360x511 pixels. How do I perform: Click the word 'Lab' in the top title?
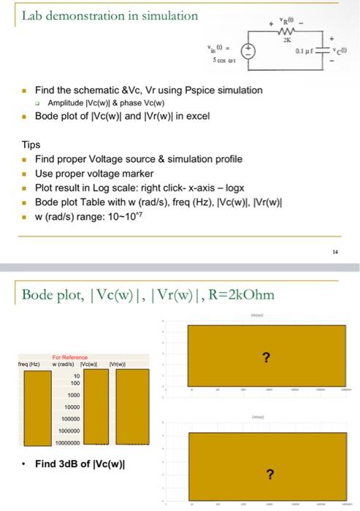pyautogui.click(x=33, y=15)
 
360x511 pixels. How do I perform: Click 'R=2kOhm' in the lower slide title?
pyautogui.click(x=231, y=295)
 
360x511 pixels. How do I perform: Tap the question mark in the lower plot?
pyautogui.click(x=270, y=475)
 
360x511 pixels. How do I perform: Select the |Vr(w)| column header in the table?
pyautogui.click(x=117, y=364)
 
